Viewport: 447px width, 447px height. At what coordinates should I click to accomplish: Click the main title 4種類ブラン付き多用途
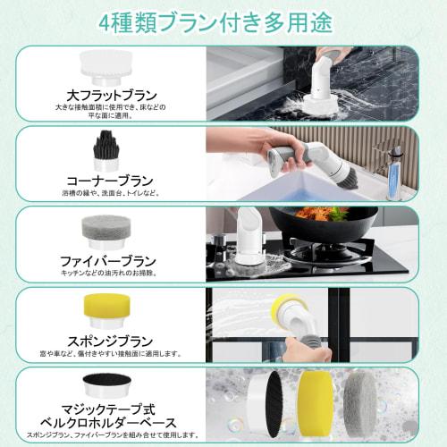pyautogui.click(x=223, y=21)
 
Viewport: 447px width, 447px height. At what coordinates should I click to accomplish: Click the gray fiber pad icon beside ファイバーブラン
pyautogui.click(x=101, y=227)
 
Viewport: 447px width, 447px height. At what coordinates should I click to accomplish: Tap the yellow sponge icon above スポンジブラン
pyautogui.click(x=101, y=308)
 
